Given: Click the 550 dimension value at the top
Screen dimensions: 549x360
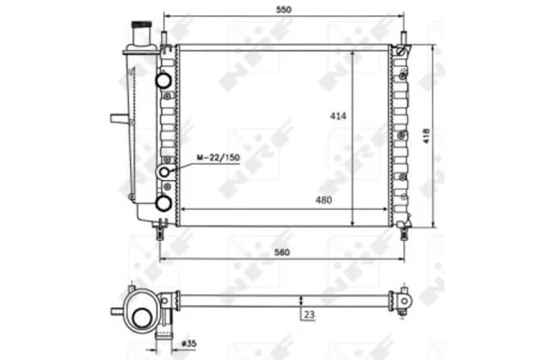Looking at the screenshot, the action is coord(283,9).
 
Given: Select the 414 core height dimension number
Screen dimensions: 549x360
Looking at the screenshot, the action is coord(338,116).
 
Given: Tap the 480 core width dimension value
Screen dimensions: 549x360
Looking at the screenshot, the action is coord(323,200).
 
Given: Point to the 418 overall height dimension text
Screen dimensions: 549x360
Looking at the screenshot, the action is coord(426,135).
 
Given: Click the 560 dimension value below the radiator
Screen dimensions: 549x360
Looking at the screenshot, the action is coord(282,252).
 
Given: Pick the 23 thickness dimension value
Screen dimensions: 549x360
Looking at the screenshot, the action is coord(309,315).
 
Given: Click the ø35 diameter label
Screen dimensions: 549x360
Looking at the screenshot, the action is coord(189,344).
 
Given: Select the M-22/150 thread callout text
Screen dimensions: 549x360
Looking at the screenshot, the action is coord(218,158).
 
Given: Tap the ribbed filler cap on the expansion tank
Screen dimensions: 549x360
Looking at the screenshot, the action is coord(142,25).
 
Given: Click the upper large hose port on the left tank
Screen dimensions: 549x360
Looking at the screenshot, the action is coord(164,80).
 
